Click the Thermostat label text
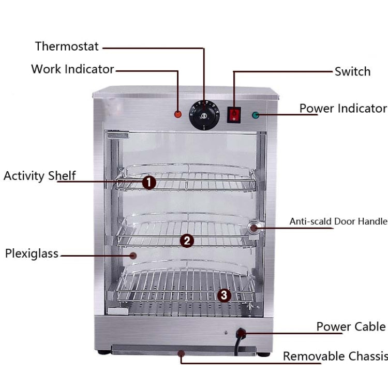(x=67, y=46)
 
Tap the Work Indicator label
(x=72, y=69)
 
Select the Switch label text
(x=352, y=71)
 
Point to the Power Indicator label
(x=343, y=108)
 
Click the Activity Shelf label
(x=39, y=175)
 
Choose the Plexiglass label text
(x=32, y=253)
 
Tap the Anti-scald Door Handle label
(x=338, y=221)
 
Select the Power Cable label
(x=351, y=326)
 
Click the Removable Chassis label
(x=335, y=356)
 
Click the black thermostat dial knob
(x=203, y=114)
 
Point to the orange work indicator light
(x=178, y=113)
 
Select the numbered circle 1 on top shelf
(x=149, y=182)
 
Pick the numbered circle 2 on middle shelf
(x=187, y=240)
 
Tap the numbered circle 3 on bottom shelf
(x=223, y=295)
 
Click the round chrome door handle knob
(x=255, y=228)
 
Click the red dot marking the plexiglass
(x=133, y=255)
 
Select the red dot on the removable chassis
(x=181, y=354)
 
